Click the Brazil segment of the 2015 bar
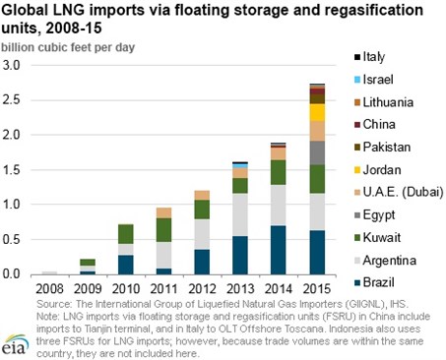click(x=317, y=252)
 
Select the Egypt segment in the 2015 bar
click(x=317, y=152)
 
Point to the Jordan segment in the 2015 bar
click(x=317, y=112)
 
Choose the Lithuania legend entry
click(x=386, y=101)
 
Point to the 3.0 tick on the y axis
click(x=15, y=65)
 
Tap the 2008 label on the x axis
click(x=48, y=288)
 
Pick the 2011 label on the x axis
click(x=163, y=288)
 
